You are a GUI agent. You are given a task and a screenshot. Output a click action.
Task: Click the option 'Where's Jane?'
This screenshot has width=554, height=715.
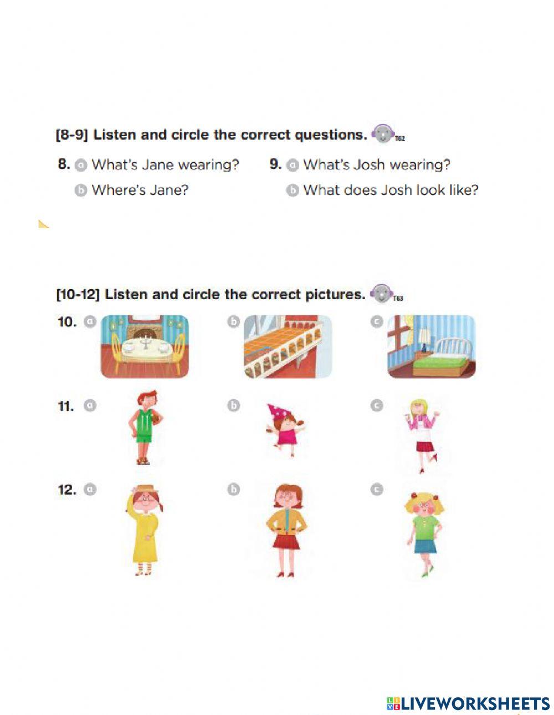click(x=140, y=190)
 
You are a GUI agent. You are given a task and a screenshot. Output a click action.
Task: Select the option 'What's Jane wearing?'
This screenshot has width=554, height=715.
click(x=165, y=164)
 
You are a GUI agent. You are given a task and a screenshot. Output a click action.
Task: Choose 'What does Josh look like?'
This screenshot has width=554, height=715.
click(x=390, y=190)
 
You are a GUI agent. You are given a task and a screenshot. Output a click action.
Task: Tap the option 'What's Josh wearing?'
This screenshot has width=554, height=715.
click(x=376, y=164)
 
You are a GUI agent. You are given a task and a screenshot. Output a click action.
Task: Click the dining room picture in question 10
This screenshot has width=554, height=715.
click(x=145, y=347)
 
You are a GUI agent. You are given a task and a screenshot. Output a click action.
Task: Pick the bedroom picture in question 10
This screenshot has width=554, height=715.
click(x=431, y=347)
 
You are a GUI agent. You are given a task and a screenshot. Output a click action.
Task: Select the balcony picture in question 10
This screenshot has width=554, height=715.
click(x=288, y=347)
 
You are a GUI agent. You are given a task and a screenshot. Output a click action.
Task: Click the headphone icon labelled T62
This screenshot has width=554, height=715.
click(x=382, y=133)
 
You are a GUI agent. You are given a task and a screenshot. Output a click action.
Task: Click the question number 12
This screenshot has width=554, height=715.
click(x=67, y=490)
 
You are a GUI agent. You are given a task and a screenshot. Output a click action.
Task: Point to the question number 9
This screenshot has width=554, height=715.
click(x=275, y=164)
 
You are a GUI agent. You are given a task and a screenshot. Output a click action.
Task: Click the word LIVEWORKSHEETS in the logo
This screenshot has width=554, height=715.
click(x=475, y=703)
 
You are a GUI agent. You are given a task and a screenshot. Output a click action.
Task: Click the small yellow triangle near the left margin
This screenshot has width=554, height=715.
click(x=43, y=224)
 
